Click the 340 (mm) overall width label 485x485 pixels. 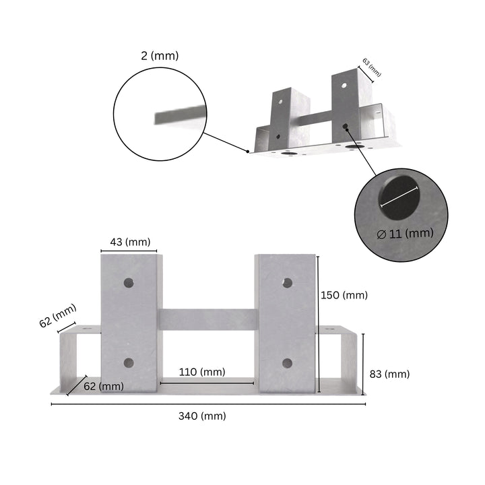[202, 416]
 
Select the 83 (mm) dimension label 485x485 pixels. [389, 374]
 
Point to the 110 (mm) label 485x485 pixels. [202, 372]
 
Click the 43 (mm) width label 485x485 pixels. [130, 242]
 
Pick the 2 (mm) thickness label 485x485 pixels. [160, 56]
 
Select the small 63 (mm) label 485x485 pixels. [372, 67]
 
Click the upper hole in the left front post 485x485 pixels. [128, 283]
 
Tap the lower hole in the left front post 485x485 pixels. [128, 363]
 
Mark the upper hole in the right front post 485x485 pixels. [287, 283]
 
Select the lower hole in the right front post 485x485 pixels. [287, 363]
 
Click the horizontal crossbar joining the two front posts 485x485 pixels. [207, 319]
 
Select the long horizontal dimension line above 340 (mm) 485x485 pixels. [208, 404]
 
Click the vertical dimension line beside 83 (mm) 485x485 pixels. [364, 364]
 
